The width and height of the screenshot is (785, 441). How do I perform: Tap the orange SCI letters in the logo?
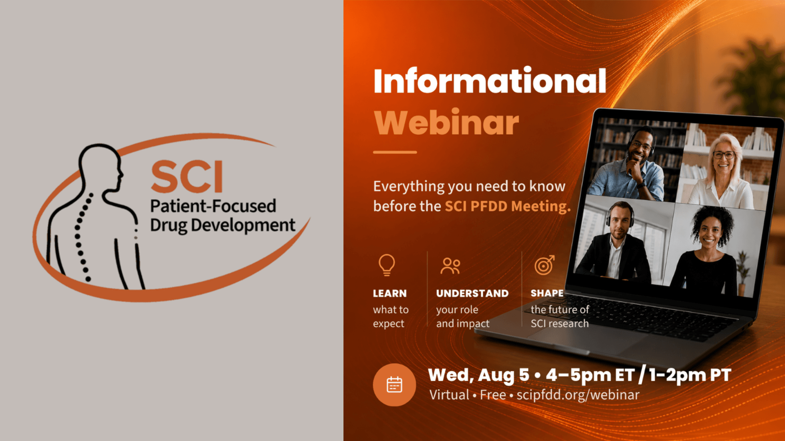[187, 176]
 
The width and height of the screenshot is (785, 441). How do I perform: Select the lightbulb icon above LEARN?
[387, 265]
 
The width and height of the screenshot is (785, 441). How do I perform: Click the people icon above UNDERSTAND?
[450, 266]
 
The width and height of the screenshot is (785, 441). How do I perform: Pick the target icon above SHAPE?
[545, 265]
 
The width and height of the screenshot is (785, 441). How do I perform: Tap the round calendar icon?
[395, 385]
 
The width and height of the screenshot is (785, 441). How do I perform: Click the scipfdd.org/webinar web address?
[578, 395]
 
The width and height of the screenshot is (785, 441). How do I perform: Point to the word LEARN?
[390, 294]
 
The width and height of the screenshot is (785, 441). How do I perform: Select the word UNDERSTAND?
[472, 294]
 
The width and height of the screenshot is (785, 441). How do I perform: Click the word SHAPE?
[547, 293]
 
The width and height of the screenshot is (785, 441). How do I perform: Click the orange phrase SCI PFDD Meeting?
[507, 206]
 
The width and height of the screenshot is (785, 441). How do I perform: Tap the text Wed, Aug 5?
[478, 375]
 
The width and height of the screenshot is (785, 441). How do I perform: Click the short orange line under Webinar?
[395, 152]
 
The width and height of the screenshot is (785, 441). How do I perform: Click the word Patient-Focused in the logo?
[213, 206]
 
